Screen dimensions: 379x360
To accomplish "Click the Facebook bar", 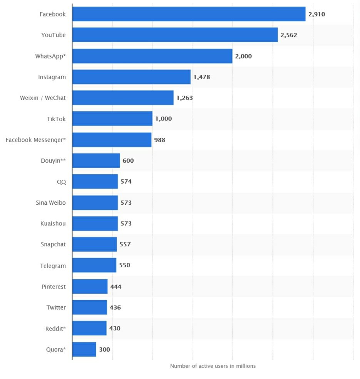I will click(189, 14).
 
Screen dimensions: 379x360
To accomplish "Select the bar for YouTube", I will click(175, 35).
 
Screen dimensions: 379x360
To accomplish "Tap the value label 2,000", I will click(243, 56).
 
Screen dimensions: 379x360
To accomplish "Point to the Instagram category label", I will click(52, 77).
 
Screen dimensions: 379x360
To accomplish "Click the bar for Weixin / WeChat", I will click(123, 98).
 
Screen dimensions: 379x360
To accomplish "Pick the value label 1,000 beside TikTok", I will click(164, 119).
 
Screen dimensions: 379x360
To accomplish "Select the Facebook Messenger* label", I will click(36, 140).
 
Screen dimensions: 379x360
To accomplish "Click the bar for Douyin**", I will click(96, 160).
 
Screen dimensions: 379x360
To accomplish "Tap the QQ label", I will click(61, 182).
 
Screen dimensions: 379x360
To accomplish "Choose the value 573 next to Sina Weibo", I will click(126, 202).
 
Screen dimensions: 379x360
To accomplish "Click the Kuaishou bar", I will click(95, 223).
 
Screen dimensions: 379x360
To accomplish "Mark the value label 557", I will click(126, 244).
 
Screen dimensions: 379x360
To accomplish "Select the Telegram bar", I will click(94, 265).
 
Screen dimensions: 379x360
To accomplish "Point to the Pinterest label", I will click(54, 287).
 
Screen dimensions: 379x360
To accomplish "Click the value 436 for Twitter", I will click(115, 307).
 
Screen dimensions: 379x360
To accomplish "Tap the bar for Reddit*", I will click(89, 328).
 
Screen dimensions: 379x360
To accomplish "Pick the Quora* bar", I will click(84, 349).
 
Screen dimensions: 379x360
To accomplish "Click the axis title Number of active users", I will click(213, 366).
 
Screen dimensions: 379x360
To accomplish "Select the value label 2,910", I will click(317, 14).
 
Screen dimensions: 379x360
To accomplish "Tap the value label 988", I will click(160, 140).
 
